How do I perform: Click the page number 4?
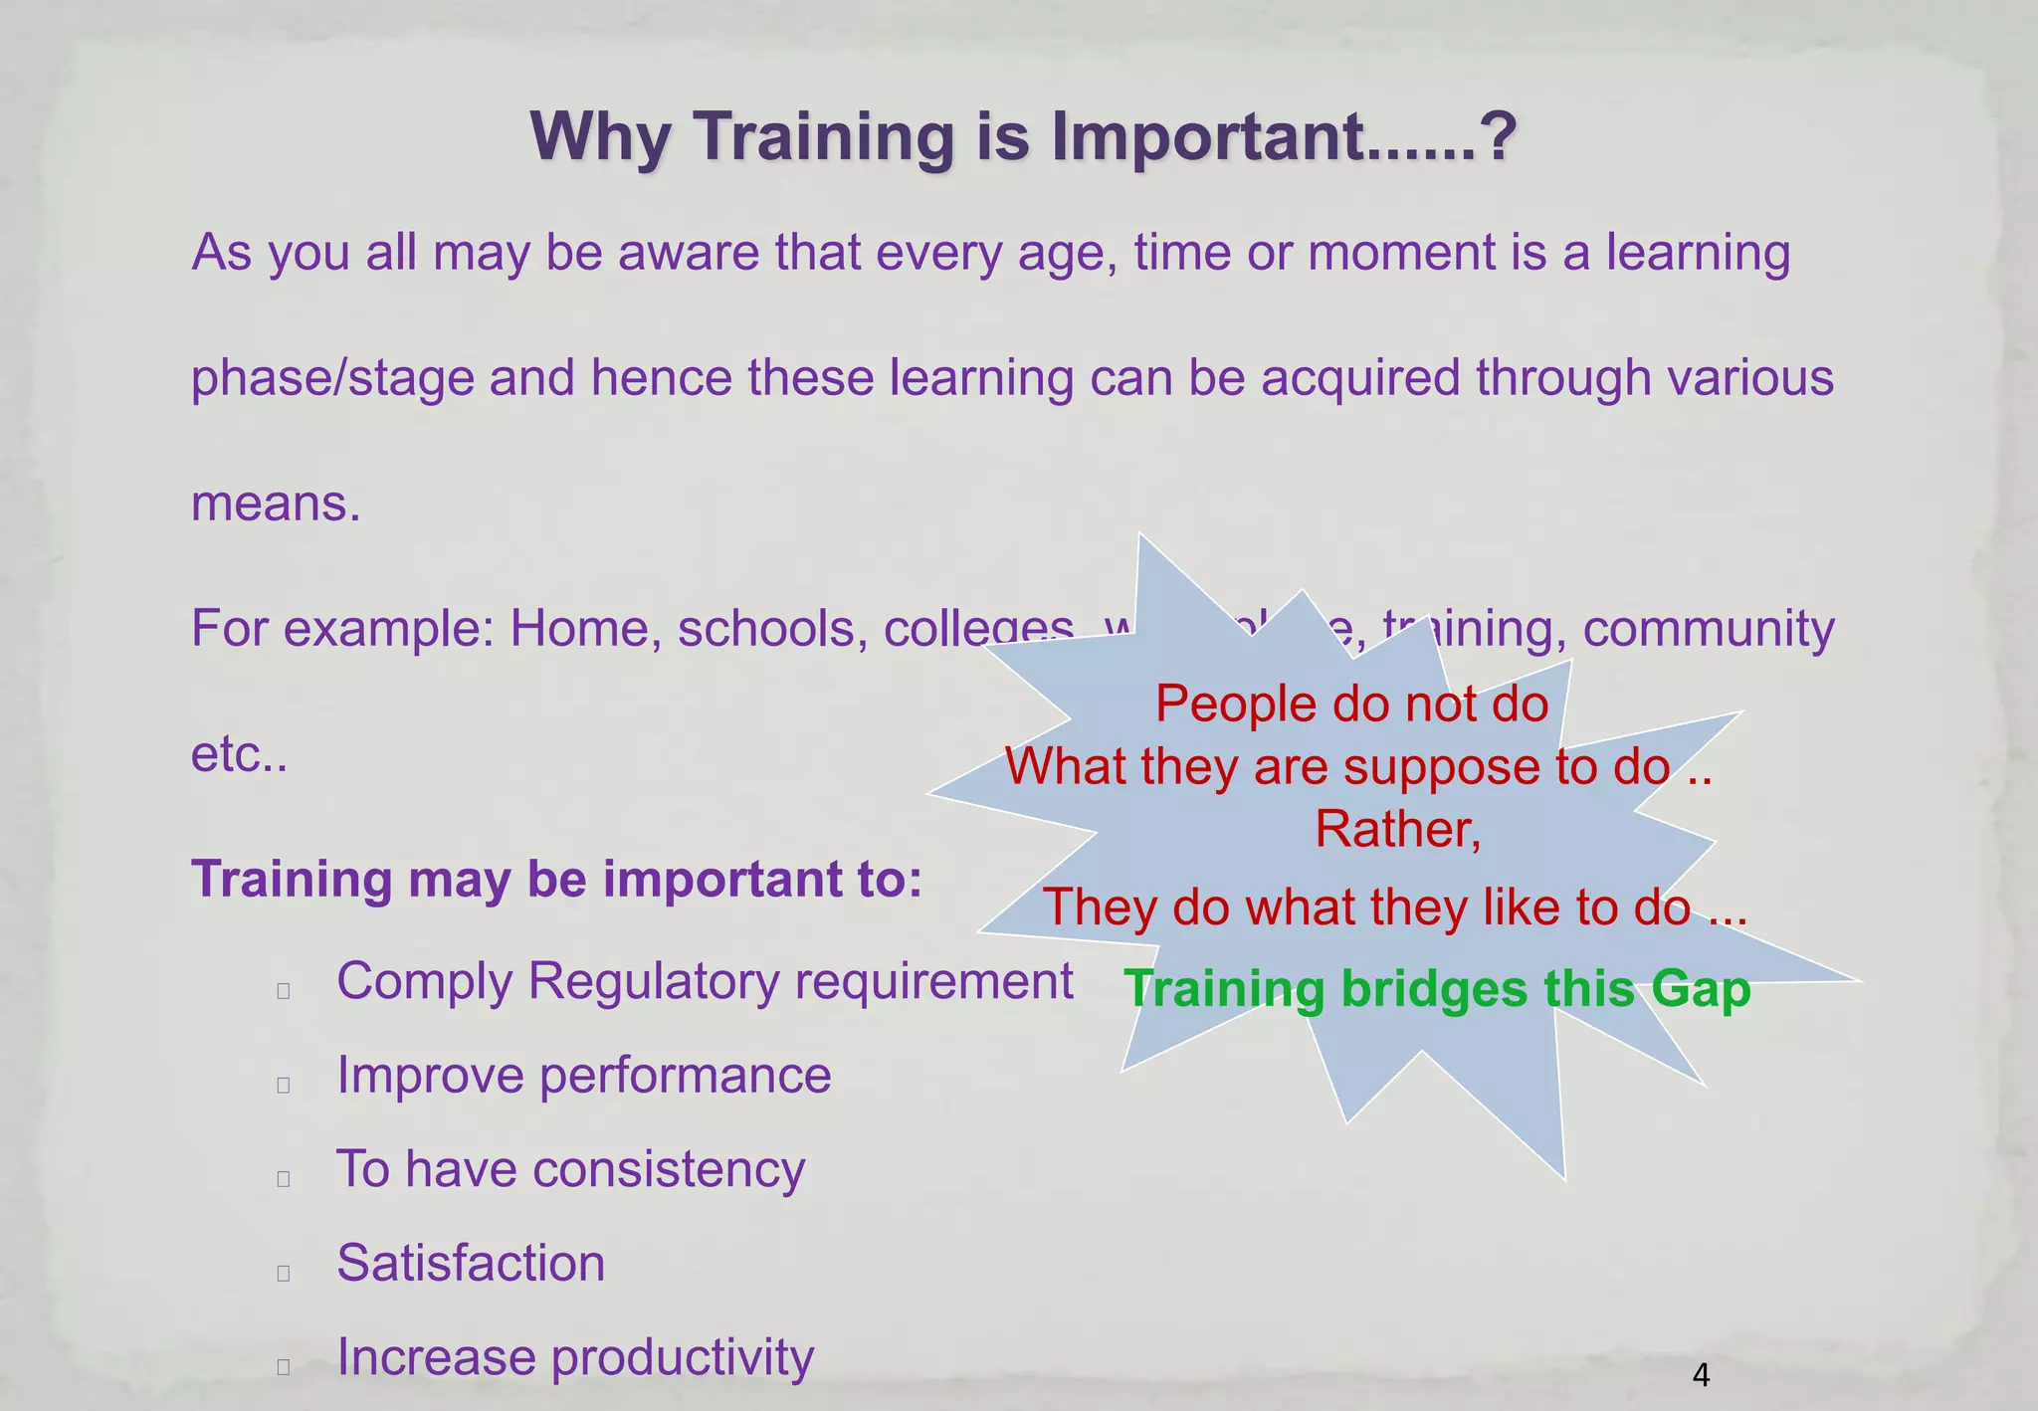click(x=1701, y=1375)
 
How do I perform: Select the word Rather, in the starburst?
click(x=1397, y=829)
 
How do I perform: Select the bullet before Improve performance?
click(x=284, y=1085)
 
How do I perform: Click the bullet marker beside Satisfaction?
click(x=284, y=1273)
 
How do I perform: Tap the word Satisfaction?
click(x=471, y=1264)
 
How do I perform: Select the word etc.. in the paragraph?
click(x=239, y=755)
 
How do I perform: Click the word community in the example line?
click(x=1708, y=630)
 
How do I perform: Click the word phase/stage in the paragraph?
click(x=332, y=379)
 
